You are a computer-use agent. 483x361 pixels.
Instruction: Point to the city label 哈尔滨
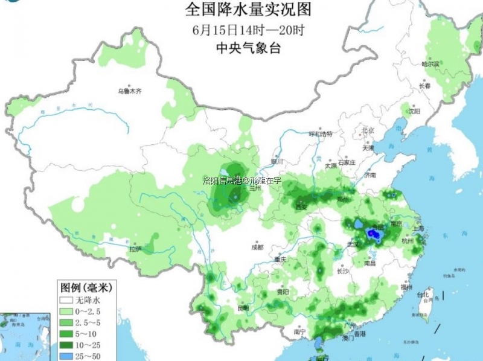(430, 63)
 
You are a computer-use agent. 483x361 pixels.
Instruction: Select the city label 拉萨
(135, 249)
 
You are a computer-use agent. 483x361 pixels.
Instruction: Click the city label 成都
(258, 247)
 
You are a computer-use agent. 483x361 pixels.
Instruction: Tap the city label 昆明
(243, 308)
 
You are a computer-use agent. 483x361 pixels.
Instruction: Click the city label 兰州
(254, 188)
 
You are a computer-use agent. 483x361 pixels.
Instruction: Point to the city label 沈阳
(413, 111)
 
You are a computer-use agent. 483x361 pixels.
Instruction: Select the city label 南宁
(299, 331)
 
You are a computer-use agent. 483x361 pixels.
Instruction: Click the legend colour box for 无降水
(66, 300)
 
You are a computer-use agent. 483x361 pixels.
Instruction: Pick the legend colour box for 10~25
(66, 345)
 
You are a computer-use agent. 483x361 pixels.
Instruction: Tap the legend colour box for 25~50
(66, 356)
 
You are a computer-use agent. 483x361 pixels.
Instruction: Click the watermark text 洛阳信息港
(222, 180)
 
